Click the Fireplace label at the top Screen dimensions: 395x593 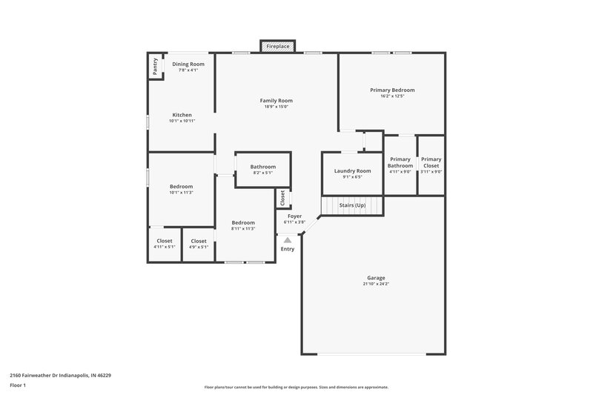tap(279, 47)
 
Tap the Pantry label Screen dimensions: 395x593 tap(156, 66)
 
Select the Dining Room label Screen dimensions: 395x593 tap(188, 64)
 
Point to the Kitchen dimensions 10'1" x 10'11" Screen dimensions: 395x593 tap(182, 121)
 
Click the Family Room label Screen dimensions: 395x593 tap(276, 100)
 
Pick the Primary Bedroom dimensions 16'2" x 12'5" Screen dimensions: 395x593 tap(392, 96)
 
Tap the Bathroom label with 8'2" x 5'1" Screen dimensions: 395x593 tap(262, 167)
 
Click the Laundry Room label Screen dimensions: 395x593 tap(352, 170)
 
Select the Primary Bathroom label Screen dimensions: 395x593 tap(400, 162)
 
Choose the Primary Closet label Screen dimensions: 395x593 tap(431, 162)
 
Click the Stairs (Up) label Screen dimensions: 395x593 tap(352, 205)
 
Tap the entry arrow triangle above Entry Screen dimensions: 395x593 tap(288, 239)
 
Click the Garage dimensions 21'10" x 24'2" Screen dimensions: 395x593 tap(377, 284)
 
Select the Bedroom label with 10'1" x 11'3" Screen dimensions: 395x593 tap(181, 186)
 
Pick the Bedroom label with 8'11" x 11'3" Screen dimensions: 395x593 tap(242, 222)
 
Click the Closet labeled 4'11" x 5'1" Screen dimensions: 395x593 tap(164, 241)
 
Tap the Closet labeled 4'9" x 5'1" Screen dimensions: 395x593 tap(199, 241)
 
